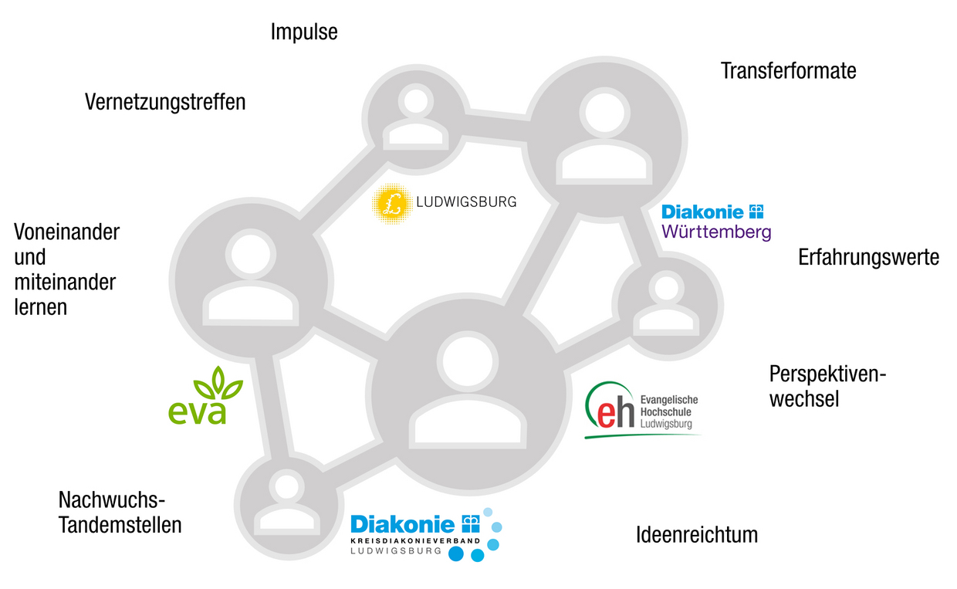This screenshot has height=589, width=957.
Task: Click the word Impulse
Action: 304,32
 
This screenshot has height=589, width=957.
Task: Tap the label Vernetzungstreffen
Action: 165,102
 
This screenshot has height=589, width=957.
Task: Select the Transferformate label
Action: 788,71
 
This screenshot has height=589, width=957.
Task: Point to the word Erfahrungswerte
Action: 868,257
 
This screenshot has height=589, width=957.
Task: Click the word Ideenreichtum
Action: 696,534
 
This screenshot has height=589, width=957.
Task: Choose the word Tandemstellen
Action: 120,526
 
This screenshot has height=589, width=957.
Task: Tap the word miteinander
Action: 65,282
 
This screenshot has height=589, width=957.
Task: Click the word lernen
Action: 40,306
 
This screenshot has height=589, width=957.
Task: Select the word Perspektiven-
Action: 827,374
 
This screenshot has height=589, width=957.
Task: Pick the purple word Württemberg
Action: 716,232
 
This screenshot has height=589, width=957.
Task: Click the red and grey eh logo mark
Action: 610,411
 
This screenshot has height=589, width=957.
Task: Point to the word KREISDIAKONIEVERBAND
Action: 415,541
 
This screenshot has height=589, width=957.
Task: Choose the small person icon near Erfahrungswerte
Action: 666,303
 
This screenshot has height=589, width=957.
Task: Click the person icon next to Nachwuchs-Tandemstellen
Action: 287,503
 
